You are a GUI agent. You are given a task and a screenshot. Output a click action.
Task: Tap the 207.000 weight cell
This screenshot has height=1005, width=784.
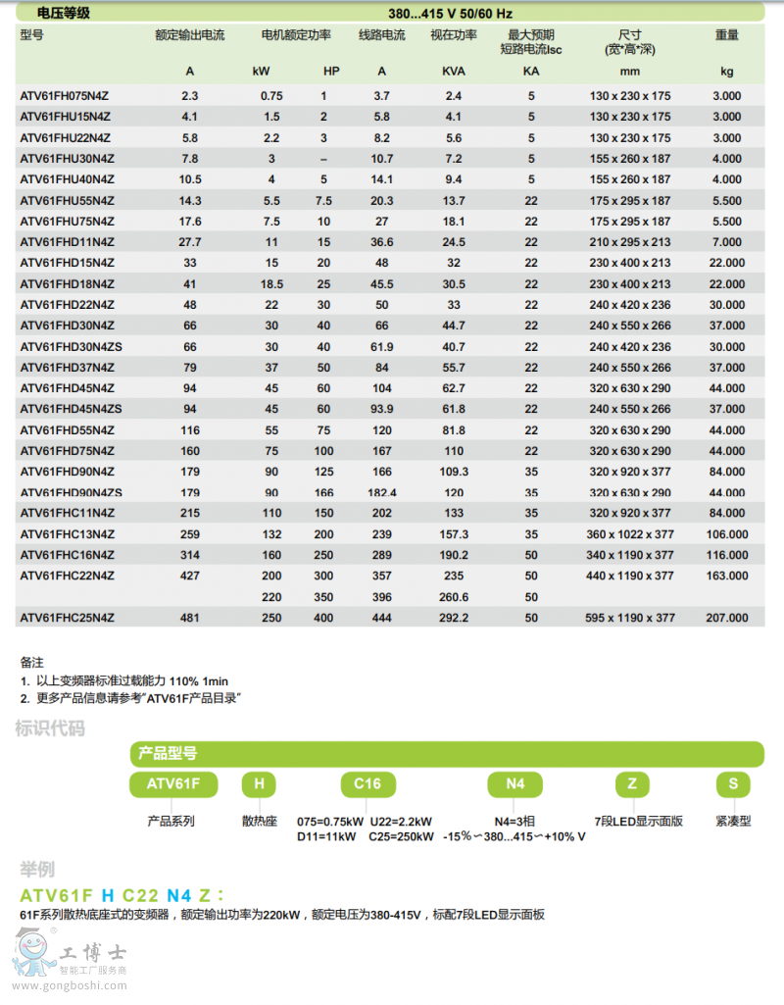[727, 618]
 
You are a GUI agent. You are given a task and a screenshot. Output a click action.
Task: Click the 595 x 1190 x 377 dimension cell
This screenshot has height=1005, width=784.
[631, 618]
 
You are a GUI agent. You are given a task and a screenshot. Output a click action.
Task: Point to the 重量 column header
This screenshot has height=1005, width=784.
[726, 35]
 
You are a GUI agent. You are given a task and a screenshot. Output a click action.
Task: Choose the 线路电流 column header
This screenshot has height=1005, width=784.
[381, 35]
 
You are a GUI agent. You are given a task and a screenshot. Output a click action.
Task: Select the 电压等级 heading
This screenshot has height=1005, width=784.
[63, 13]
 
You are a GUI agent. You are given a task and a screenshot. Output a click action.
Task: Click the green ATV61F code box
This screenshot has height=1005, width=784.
[173, 784]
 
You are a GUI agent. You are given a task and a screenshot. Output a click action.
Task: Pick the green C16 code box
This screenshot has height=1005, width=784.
[367, 784]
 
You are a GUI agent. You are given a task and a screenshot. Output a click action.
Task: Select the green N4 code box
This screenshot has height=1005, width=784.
[515, 784]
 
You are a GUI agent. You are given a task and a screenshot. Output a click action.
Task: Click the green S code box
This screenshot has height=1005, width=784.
[733, 784]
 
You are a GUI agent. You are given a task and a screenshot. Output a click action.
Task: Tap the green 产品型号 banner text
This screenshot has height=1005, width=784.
[168, 753]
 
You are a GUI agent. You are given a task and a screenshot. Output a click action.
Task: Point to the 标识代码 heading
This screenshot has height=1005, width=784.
[49, 728]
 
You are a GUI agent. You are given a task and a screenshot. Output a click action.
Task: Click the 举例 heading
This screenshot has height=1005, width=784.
[37, 869]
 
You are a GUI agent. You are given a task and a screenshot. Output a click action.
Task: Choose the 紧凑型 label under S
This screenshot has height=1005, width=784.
[733, 821]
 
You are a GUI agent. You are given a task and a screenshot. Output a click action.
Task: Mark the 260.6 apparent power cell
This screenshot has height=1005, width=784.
[454, 597]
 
